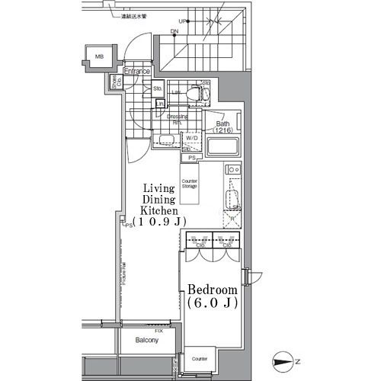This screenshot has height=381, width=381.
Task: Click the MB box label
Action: coord(99,57)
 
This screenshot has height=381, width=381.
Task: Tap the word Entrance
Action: coord(137,72)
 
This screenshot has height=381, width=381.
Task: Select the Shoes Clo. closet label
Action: coord(117,82)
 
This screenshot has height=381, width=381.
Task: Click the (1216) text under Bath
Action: coord(223,130)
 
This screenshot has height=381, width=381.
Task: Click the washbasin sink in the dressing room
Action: coord(165,139)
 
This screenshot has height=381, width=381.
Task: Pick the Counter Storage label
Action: coord(190,183)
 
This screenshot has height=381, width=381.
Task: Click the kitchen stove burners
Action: coord(233,170)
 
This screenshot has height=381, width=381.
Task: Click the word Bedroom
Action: coord(213,291)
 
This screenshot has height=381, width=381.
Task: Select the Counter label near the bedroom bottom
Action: coord(200,358)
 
